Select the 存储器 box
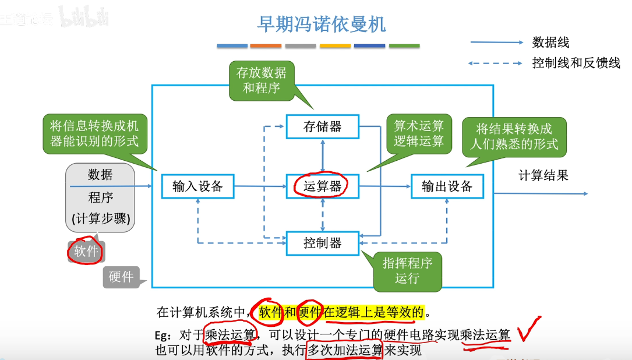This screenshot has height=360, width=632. pos(322,126)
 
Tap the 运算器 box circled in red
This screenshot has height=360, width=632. pos(322,186)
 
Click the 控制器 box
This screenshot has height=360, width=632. pos(322,243)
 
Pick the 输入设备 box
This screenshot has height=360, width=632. pos(197,186)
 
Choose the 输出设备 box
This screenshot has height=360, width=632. pos(447,186)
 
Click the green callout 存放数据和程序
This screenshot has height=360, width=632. pos(262,80)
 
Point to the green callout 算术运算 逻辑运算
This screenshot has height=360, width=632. pos(419,133)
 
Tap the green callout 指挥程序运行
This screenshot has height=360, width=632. pos(407,271)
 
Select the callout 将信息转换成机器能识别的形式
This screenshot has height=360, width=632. pos(94,133)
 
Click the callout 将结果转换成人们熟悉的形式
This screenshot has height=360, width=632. pos(514,136)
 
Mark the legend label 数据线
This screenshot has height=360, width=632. pos(550,43)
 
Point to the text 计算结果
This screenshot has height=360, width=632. pos(543,175)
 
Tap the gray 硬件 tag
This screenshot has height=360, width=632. pos(121,277)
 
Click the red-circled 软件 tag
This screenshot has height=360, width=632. pos(86,251)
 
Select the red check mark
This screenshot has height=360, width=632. pos(529,330)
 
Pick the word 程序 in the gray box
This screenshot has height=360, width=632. pos(100,197)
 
